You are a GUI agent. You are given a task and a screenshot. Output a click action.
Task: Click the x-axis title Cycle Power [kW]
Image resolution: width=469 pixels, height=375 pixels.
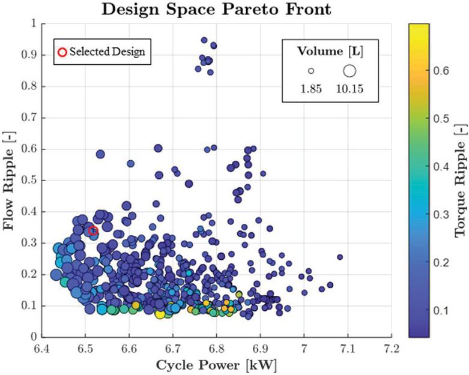(216, 364)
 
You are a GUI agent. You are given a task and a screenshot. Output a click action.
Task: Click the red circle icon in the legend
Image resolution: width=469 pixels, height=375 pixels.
(61, 52)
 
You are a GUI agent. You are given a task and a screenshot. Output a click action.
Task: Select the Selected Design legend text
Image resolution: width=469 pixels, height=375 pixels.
(107, 52)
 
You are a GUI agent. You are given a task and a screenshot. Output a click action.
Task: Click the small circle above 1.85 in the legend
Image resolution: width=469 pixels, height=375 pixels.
(311, 71)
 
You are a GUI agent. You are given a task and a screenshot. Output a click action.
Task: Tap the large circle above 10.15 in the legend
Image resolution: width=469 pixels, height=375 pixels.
(349, 71)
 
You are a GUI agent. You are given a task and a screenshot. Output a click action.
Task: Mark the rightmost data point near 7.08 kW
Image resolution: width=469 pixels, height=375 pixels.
(340, 257)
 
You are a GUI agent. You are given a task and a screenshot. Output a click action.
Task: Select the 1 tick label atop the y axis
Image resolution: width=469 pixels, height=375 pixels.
(32, 23)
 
